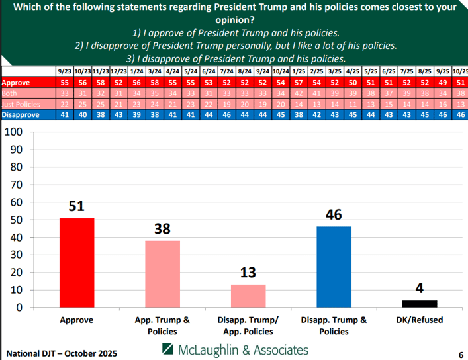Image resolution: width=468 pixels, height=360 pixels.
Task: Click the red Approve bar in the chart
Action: click(x=77, y=263)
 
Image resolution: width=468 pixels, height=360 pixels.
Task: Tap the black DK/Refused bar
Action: click(x=420, y=304)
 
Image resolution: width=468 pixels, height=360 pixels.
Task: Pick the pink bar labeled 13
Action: click(x=248, y=296)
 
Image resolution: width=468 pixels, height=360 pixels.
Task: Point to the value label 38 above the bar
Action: click(x=162, y=229)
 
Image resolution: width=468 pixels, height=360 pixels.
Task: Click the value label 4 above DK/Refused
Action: click(x=420, y=289)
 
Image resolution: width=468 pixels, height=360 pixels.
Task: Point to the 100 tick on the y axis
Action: click(x=14, y=132)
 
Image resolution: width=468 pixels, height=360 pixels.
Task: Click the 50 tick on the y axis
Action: click(x=17, y=220)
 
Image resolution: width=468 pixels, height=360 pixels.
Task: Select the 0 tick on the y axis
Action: click(x=20, y=308)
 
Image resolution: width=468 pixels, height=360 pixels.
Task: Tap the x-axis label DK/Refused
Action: click(x=420, y=320)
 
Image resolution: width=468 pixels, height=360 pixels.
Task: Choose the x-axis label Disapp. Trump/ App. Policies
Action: click(x=248, y=326)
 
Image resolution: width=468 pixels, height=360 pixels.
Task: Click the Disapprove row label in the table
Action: click(x=21, y=114)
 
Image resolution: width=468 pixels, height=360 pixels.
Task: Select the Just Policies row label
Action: click(x=21, y=104)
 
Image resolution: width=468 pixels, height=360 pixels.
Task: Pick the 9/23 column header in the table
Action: click(x=64, y=71)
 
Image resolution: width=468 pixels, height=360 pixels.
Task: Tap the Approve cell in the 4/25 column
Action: click(x=353, y=83)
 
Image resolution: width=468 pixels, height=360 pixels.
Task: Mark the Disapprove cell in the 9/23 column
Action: click(x=64, y=114)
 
